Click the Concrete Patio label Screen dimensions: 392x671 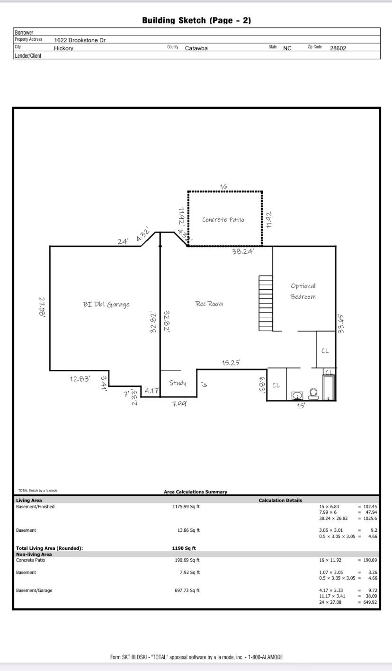pyautogui.click(x=223, y=220)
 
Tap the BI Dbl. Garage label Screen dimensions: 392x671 pyautogui.click(x=106, y=304)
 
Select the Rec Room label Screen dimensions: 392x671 pyautogui.click(x=209, y=304)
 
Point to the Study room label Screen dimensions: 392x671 pyautogui.click(x=178, y=383)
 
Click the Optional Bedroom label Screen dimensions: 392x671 pyautogui.click(x=303, y=291)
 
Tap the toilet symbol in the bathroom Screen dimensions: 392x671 pyautogui.click(x=313, y=394)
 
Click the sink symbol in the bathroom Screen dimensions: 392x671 pyautogui.click(x=297, y=395)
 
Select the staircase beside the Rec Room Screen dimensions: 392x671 pyautogui.click(x=266, y=303)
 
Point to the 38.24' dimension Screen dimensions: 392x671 pyautogui.click(x=242, y=251)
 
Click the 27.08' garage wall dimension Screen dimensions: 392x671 pyautogui.click(x=42, y=307)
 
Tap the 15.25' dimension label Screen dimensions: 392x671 pyautogui.click(x=231, y=363)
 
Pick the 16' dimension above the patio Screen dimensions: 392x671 pyautogui.click(x=224, y=187)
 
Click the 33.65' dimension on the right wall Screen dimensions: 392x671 pyautogui.click(x=340, y=323)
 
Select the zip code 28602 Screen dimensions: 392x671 pyautogui.click(x=338, y=48)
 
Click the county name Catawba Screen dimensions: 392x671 pyautogui.click(x=196, y=48)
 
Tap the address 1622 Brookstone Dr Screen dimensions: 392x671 pyautogui.click(x=80, y=40)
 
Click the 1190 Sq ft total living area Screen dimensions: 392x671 pyautogui.click(x=184, y=548)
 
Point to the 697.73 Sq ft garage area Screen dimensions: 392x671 pyautogui.click(x=187, y=590)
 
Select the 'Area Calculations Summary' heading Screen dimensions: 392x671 pyautogui.click(x=196, y=492)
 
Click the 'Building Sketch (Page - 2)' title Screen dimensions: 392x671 pyautogui.click(x=196, y=20)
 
